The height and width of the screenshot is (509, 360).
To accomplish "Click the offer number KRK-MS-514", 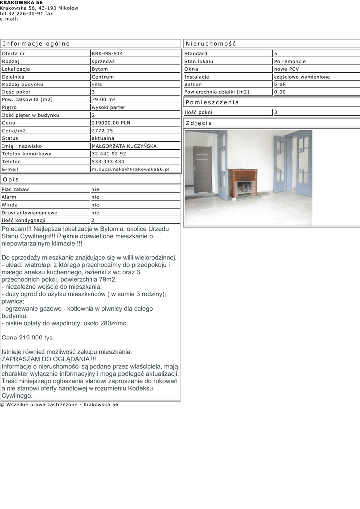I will point(107,53).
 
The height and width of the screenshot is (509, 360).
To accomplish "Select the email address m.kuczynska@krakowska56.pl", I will point(130,169).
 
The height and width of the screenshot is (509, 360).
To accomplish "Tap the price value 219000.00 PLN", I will point(111,123).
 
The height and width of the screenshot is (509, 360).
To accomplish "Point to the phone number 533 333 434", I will point(108,162).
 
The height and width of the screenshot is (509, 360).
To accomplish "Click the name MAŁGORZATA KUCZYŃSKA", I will point(124,146).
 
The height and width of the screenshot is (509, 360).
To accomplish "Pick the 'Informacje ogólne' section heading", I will point(36,44).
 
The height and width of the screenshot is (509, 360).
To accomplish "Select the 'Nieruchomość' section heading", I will point(210,44).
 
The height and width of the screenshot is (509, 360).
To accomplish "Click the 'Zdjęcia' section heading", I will point(199,123).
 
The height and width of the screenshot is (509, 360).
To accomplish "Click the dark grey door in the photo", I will point(202,170).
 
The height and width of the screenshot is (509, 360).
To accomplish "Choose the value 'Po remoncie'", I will point(290,61).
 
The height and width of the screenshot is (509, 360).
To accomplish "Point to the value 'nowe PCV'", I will point(286,69).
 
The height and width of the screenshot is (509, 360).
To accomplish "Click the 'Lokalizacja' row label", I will point(16,69).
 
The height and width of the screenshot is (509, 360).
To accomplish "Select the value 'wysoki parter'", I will point(108,107).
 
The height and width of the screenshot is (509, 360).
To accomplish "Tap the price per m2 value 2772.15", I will point(102,131).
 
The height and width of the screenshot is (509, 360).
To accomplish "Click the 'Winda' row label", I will point(10,205).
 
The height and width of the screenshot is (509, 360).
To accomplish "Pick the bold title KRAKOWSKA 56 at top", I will point(21,3).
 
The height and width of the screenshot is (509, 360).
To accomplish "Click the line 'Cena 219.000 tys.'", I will point(28,338).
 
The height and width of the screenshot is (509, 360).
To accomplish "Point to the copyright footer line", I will point(60,405).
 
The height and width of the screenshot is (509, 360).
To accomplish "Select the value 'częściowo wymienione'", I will point(302,77).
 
